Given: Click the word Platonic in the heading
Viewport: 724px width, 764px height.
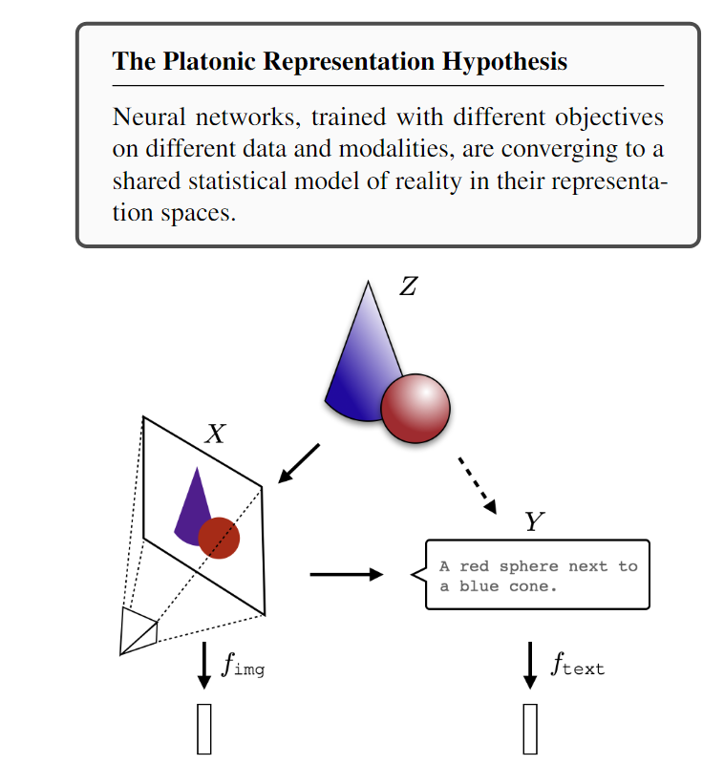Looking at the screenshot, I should pos(203,62).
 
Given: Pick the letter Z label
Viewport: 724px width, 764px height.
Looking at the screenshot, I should pos(408,286).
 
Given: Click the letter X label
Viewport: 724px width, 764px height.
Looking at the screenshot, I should pos(216,435).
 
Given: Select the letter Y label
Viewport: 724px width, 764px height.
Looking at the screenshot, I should pos(534,522).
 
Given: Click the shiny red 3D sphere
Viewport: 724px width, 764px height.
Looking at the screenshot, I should pos(415,408).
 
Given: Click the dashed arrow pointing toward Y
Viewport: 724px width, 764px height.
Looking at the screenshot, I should pos(478,485).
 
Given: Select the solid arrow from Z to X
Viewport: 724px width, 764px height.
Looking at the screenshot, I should pos(297,463).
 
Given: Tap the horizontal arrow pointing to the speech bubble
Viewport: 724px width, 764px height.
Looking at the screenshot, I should pos(346,575).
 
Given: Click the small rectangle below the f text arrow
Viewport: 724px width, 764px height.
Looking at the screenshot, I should pos(530,730).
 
